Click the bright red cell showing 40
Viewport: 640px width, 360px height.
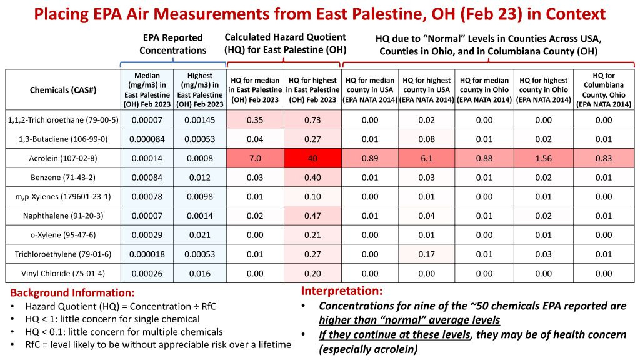(x=312, y=158)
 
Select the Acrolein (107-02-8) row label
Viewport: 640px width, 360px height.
(x=63, y=158)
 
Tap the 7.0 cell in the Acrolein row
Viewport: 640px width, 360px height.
(x=255, y=158)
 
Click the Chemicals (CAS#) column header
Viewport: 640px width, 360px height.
(x=63, y=90)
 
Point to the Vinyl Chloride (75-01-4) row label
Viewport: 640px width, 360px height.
(x=63, y=274)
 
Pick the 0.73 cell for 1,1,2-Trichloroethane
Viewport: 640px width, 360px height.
(x=312, y=120)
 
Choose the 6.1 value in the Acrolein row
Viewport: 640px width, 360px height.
(x=426, y=158)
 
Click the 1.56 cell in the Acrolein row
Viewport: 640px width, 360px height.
(x=544, y=158)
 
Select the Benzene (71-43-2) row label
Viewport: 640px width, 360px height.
(x=63, y=177)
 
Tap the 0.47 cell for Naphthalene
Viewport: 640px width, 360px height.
(x=312, y=216)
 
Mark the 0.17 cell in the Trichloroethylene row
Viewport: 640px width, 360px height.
(x=426, y=254)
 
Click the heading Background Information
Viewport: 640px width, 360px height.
(x=72, y=292)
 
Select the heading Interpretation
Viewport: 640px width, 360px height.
(x=342, y=291)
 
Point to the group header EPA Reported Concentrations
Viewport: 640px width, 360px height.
(x=173, y=44)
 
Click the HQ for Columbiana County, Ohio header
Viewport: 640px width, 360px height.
(x=604, y=90)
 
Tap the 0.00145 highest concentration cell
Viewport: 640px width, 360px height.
(x=200, y=120)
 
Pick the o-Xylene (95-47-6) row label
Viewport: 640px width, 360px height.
(x=63, y=235)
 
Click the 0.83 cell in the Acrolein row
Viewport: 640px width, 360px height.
(x=604, y=158)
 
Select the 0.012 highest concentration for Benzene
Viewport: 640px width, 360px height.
(x=200, y=177)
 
